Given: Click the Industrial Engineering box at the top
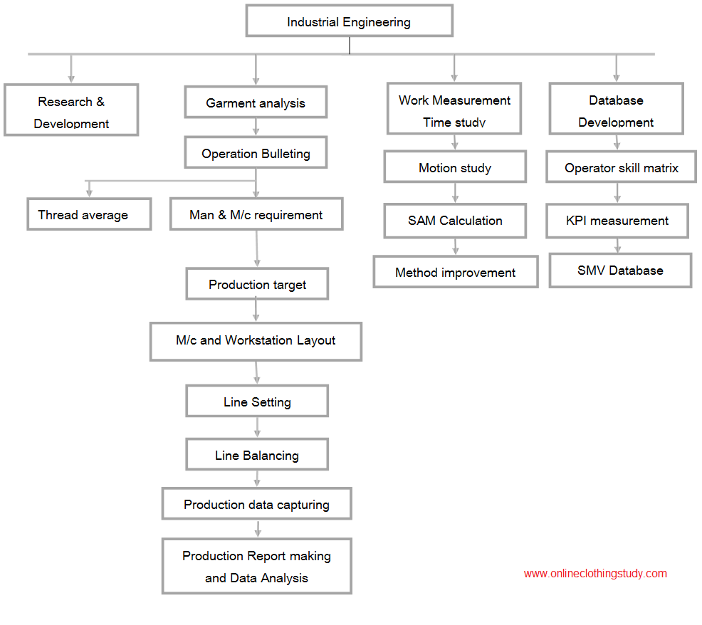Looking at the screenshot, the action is (x=349, y=21).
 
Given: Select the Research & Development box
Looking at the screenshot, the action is (x=71, y=110).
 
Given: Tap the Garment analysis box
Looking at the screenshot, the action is (x=256, y=102).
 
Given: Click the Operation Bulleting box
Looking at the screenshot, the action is (x=256, y=152).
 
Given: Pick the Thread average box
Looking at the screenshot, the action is (x=89, y=214).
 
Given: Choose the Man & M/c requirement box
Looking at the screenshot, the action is (x=256, y=214).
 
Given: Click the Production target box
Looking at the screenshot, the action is (x=257, y=284).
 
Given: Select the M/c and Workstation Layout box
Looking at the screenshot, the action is (x=256, y=341).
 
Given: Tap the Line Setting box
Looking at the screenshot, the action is (x=257, y=401).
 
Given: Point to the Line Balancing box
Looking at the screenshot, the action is (x=257, y=454).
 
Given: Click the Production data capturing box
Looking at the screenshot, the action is (x=256, y=504).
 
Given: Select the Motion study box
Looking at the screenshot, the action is (x=455, y=167).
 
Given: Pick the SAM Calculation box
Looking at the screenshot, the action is (x=455, y=221).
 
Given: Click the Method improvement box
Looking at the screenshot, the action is (x=456, y=272).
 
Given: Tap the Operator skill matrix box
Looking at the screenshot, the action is (x=621, y=167).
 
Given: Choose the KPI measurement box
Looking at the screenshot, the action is (x=617, y=221).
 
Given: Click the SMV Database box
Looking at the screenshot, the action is (x=620, y=271).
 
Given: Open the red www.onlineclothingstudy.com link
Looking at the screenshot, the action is (x=595, y=574).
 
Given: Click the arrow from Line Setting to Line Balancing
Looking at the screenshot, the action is (x=257, y=428).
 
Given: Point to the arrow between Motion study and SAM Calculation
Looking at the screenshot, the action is (x=455, y=193).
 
